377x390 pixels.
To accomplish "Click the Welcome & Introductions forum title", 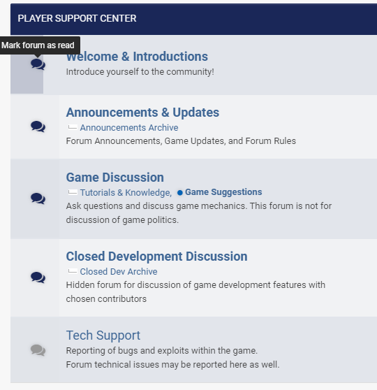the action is pos(137,57).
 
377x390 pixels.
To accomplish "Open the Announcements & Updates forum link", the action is pos(142,113).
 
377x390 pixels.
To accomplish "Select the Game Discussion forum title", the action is pos(114,178).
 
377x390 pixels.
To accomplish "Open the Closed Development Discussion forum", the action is pos(156,257).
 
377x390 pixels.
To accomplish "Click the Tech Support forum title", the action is pos(103,335).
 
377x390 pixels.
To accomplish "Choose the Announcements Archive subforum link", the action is pos(129,128).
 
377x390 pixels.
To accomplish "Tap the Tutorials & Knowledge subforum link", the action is pos(126,192).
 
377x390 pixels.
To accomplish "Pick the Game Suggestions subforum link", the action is pos(223,192).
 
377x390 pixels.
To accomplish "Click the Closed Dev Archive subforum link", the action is pos(119,272).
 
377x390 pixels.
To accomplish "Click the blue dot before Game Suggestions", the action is pos(180,192).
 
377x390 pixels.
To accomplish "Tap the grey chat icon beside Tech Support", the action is pos(38,350).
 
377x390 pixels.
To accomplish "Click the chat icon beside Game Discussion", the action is pos(38,198).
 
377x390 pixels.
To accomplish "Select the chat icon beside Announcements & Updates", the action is pos(38,127).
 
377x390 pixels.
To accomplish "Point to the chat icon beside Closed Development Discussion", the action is pos(38,277).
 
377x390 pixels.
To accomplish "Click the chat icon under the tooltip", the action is pos(38,64).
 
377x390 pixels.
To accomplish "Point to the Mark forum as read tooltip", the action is pos(40,45).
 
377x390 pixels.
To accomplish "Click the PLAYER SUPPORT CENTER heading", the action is pos(77,18).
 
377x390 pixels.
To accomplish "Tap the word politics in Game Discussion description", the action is pos(163,220).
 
